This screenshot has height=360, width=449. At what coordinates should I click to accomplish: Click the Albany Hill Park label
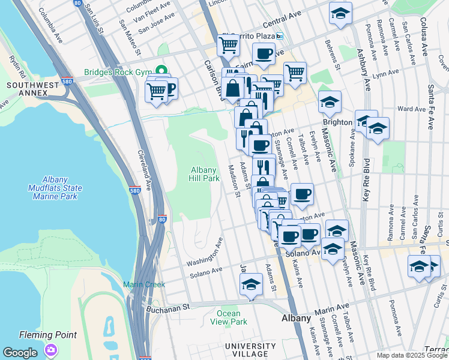coord(205,174)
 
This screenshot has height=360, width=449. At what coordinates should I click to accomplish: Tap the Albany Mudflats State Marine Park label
coord(62,188)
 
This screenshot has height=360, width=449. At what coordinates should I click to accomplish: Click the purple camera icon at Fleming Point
coord(51,349)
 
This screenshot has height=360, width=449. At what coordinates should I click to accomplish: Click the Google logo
coord(20,353)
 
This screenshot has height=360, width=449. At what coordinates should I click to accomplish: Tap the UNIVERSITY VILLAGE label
coord(250,351)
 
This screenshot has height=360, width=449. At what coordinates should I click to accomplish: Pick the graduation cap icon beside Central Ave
coord(340,14)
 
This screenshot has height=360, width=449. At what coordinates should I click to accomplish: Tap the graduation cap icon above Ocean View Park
coord(251,285)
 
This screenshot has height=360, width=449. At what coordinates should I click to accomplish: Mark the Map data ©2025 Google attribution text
coord(411,355)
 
